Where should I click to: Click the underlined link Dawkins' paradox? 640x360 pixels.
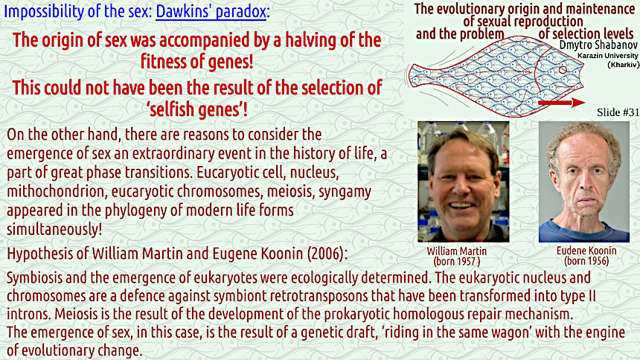click(211, 11)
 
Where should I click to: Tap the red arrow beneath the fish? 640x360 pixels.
click(562, 103)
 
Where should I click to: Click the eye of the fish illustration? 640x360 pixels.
click(563, 70)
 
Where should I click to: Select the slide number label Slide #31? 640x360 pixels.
click(618, 112)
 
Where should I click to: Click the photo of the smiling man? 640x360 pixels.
click(464, 181)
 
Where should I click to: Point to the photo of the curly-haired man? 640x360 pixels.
click(584, 181)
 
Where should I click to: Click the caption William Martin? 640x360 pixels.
click(457, 251)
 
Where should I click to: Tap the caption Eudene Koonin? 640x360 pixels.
click(586, 251)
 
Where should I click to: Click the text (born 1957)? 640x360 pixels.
click(457, 261)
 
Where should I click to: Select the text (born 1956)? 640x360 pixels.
click(586, 261)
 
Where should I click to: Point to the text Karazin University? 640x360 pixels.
click(608, 56)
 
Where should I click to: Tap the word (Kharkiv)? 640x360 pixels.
click(624, 65)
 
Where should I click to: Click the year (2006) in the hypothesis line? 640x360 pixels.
click(327, 254)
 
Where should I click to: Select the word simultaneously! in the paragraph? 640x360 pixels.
click(54, 229)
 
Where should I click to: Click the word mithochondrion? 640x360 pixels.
click(56, 191)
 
